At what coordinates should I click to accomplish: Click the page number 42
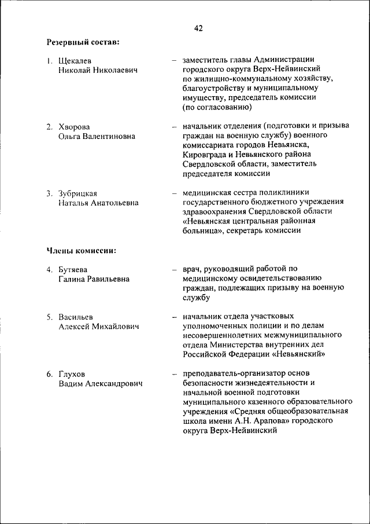[x=198, y=27]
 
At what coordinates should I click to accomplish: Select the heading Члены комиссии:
[x=81, y=251]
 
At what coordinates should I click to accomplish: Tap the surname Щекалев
[x=75, y=60]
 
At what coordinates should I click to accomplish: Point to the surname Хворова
[x=74, y=127]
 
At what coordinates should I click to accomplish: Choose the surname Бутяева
[x=73, y=269]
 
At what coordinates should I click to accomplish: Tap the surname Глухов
[x=71, y=374]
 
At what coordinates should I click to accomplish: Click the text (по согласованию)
[x=217, y=107]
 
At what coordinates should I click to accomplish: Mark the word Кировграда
[x=205, y=155]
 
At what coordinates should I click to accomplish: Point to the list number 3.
[x=50, y=193]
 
